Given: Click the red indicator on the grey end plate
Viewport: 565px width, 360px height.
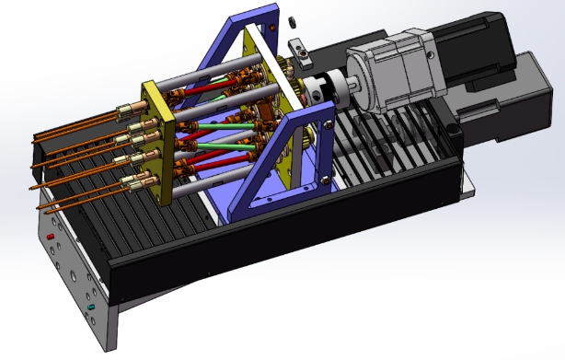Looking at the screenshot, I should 51,238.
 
